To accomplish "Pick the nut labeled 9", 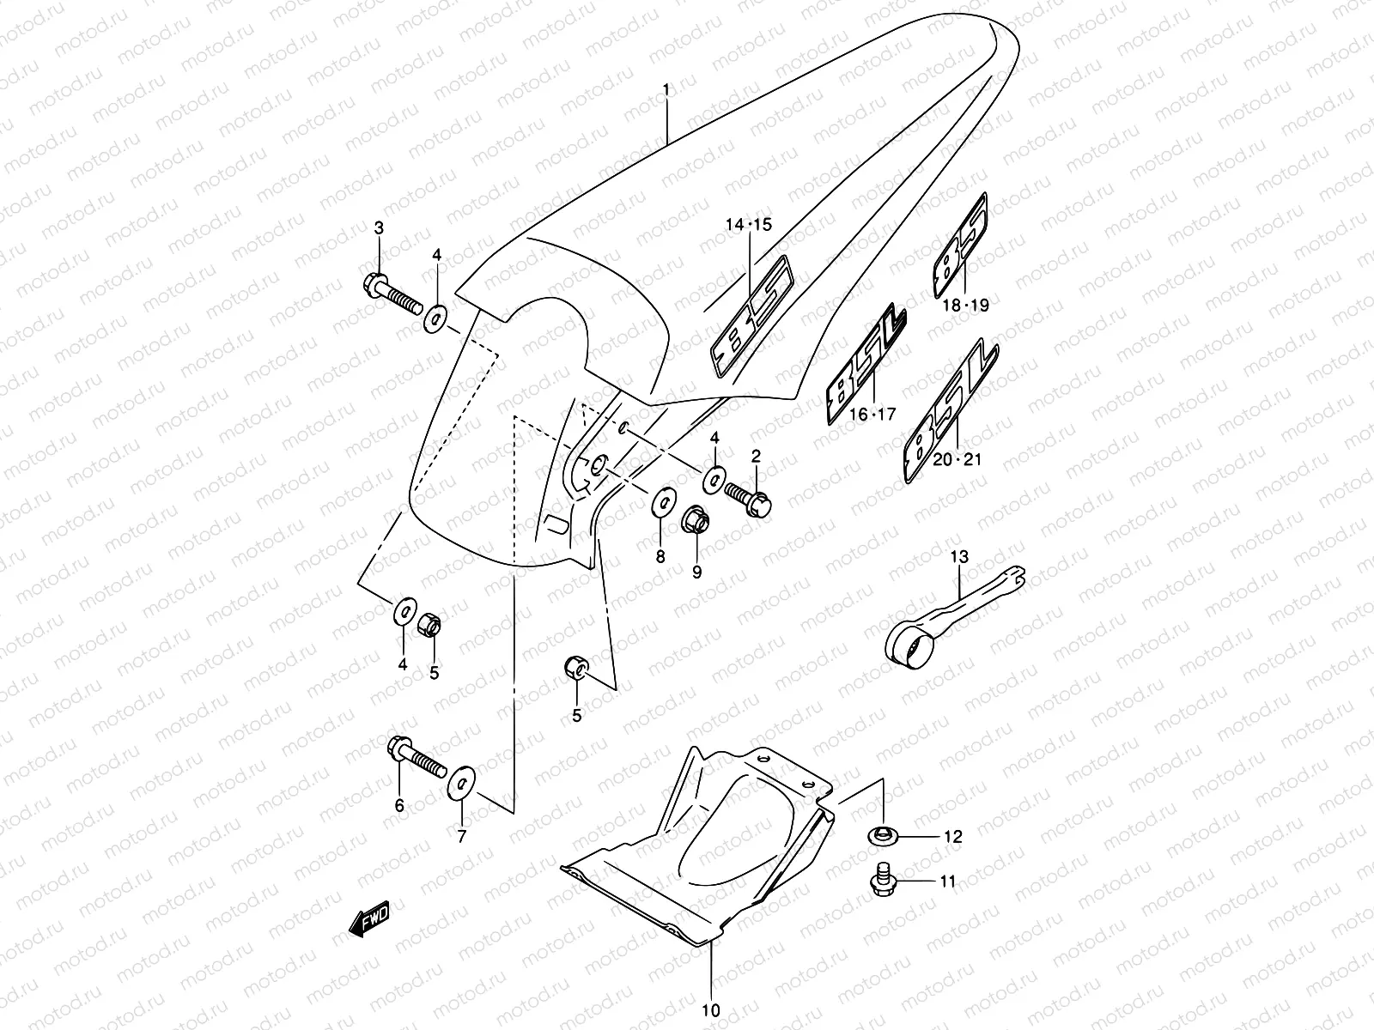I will coord(695,519).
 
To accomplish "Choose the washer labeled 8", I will coord(660,502).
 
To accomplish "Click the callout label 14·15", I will coord(749,225).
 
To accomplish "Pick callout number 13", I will coord(958,557).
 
